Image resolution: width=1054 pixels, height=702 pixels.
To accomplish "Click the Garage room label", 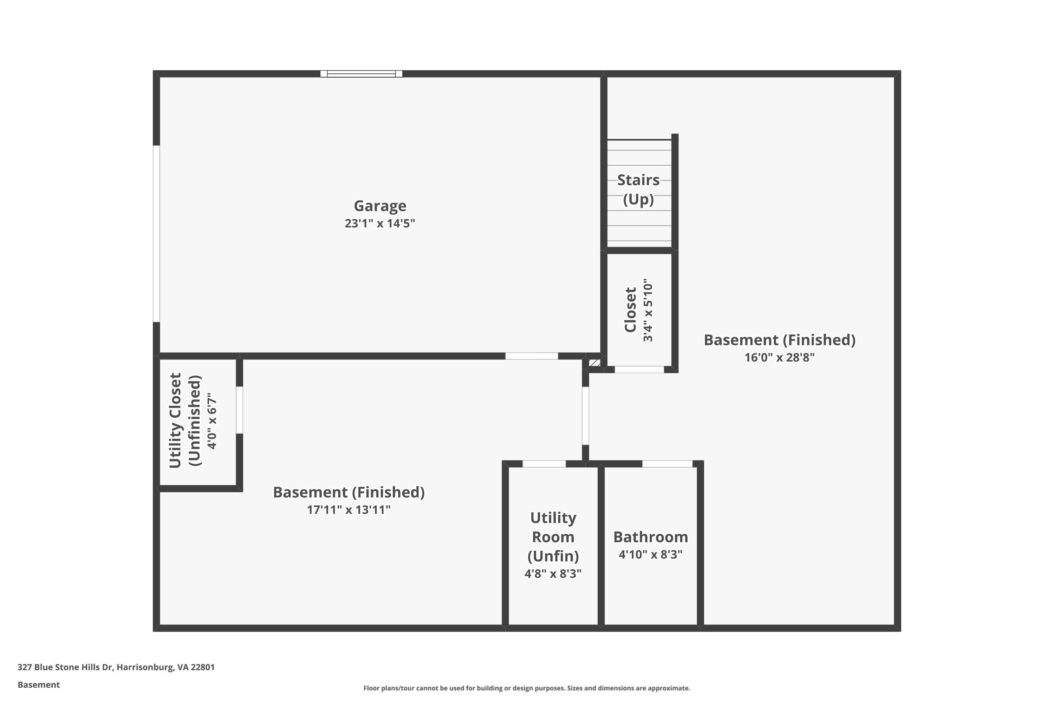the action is [380, 206].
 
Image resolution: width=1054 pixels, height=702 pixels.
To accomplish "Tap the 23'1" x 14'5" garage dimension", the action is [380, 223].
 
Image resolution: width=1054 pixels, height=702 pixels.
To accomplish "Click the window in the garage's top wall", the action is [361, 74].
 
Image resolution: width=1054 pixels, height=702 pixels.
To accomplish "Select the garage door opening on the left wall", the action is [156, 234].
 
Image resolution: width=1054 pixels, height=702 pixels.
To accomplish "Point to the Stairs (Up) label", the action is [639, 190].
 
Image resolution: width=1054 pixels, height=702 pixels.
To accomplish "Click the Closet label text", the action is [631, 310].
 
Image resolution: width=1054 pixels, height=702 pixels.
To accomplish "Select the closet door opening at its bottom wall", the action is [639, 369].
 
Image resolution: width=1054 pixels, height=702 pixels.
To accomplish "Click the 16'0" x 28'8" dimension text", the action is [779, 358].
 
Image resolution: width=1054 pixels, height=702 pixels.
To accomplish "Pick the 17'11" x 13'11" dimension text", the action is [349, 510].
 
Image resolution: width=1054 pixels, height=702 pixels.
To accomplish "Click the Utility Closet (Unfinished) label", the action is [185, 421].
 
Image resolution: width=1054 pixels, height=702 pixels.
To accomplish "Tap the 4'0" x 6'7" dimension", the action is [212, 421].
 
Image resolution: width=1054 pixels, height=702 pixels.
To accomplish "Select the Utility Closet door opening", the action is [239, 410].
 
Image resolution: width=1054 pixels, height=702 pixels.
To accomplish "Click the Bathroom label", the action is [651, 537].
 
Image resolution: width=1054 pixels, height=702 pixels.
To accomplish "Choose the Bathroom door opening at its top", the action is [667, 464].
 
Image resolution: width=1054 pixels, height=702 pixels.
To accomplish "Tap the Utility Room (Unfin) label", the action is [553, 537].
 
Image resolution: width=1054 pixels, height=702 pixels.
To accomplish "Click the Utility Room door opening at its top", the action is [544, 464].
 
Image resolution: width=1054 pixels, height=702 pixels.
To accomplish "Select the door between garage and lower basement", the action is [532, 356].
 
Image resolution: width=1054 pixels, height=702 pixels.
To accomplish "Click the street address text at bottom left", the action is [116, 667].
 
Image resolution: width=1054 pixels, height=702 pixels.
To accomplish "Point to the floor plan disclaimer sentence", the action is [527, 688].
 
